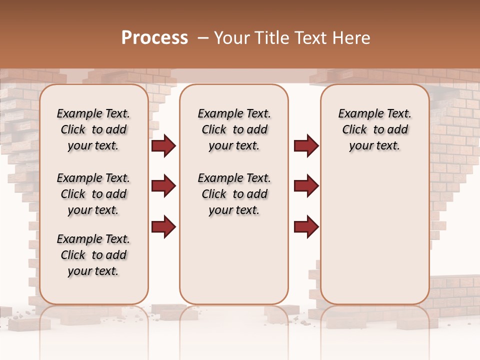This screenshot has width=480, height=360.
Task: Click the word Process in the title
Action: point(154,38)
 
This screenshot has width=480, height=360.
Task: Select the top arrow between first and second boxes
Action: point(163,146)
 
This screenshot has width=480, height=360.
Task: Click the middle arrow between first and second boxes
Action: point(163,186)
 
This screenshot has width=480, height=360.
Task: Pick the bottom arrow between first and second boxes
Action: point(163,226)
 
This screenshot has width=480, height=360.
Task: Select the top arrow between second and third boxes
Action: point(306,146)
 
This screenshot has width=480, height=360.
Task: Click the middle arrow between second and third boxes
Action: point(306,186)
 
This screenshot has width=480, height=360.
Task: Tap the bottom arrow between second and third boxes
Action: point(306,226)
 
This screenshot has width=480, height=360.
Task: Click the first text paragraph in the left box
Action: point(93,129)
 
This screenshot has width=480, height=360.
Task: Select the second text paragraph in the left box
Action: point(93,194)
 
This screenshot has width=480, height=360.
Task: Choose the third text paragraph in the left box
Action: point(93,255)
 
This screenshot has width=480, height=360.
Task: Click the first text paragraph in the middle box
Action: point(234,129)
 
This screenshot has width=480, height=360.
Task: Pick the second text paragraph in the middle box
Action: point(234,194)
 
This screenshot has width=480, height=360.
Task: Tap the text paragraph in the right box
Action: point(374,129)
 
